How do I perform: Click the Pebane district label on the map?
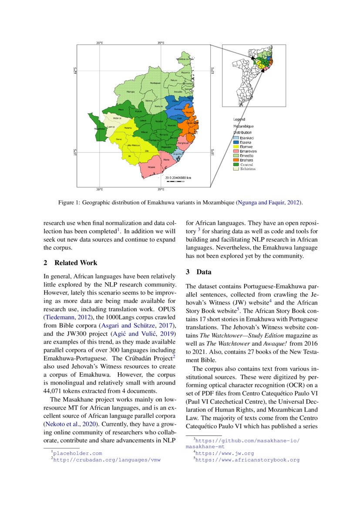[x=151, y=167]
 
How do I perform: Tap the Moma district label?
[x=166, y=160]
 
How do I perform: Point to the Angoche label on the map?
[x=178, y=154]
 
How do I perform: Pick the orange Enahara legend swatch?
[x=236, y=160]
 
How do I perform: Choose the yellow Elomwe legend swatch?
[x=236, y=147]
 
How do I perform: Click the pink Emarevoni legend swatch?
[x=236, y=151]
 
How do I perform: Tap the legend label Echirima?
[x=248, y=169]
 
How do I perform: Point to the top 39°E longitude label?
[x=161, y=43]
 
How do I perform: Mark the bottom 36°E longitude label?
[x=99, y=189]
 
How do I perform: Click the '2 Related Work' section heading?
[x=71, y=263]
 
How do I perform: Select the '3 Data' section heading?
[x=199, y=272]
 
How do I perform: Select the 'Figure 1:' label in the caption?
[x=69, y=202]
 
